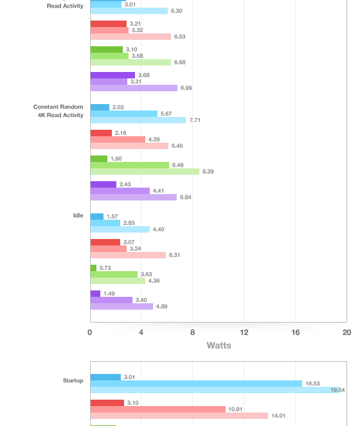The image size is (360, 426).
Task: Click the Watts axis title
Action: pyautogui.click(x=219, y=345)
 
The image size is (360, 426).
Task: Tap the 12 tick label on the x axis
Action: pyautogui.click(x=244, y=332)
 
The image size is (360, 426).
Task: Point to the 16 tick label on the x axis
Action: pyautogui.click(x=295, y=332)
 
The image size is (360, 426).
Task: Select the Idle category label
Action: pyautogui.click(x=78, y=215)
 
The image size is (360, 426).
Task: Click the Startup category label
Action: pyautogui.click(x=73, y=380)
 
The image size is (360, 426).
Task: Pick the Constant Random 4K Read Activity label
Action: pyautogui.click(x=59, y=111)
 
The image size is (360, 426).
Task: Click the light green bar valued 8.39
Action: pyautogui.click(x=145, y=172)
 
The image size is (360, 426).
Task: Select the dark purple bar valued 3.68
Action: pyautogui.click(x=113, y=75)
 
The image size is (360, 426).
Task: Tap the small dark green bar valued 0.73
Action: pyautogui.click(x=93, y=268)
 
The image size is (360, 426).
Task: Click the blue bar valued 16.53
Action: pyautogui.click(x=196, y=384)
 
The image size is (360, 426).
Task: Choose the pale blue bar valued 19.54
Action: pyautogui.click(x=215, y=390)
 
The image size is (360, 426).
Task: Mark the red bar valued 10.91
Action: pyautogui.click(x=158, y=409)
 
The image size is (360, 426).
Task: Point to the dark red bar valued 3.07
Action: pyautogui.click(x=105, y=242)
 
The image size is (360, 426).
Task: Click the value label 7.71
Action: pyautogui.click(x=195, y=120)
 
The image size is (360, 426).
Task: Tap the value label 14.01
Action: pyautogui.click(x=278, y=416)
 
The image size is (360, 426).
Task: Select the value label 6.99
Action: pyautogui.click(x=186, y=88)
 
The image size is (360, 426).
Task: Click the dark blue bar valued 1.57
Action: pyautogui.click(x=97, y=217)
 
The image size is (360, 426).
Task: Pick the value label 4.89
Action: pyautogui.click(x=162, y=306)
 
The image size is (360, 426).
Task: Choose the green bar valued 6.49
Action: pyautogui.click(x=130, y=165)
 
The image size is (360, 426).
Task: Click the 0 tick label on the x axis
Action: pyautogui.click(x=90, y=332)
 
